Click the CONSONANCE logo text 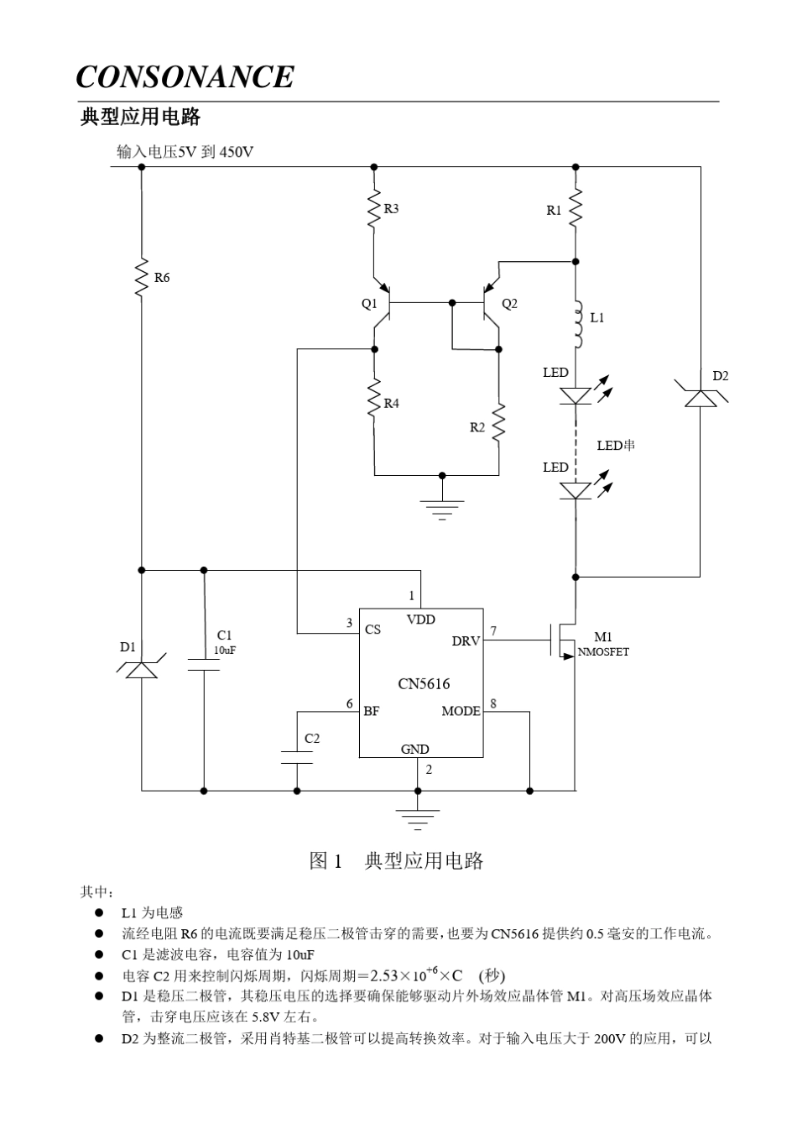[185, 77]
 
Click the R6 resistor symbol [142, 277]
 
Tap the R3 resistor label [391, 208]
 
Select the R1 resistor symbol [576, 210]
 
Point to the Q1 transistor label [369, 304]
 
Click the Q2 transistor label [509, 304]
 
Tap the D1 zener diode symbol [142, 668]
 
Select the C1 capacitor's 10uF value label [224, 651]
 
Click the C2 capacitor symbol [297, 758]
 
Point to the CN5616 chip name [424, 684]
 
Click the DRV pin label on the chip [466, 641]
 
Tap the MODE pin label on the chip [461, 711]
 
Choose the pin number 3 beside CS [350, 623]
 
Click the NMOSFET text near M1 [603, 652]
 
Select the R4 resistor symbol [375, 403]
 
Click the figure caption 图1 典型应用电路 [397, 861]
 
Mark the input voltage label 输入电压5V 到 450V [185, 152]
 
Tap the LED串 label [616, 445]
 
